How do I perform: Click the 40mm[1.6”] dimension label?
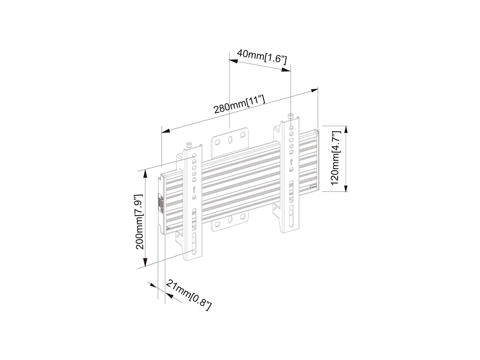[262, 56]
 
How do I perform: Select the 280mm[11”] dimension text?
[240, 104]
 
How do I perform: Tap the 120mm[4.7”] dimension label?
[335, 158]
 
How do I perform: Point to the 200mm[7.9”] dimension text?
[139, 222]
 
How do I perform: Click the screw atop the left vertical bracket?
[189, 144]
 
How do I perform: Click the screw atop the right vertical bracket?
[290, 116]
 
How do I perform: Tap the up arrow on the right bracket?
[291, 162]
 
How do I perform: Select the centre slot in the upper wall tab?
[230, 140]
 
